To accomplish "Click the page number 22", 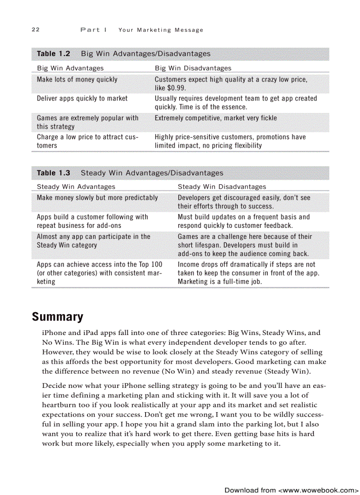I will tap(36, 30).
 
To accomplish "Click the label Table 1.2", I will tap(53, 54).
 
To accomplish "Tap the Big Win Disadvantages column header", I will tap(193, 68).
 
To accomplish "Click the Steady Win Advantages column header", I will tap(76, 187).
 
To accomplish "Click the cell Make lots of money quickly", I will tap(77, 79).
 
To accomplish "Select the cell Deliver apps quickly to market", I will tap(82, 98).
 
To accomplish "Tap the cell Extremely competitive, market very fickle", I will tap(216, 118).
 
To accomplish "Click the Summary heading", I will tap(57, 317).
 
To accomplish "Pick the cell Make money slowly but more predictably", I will tap(97, 197).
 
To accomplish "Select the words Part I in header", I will tap(94, 30).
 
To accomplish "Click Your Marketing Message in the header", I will tap(161, 30).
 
